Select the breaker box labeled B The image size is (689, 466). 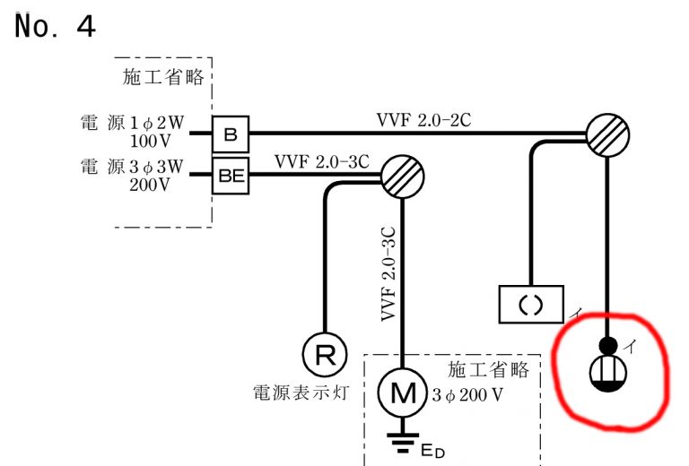coord(231,134)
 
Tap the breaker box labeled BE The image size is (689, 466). coord(231,176)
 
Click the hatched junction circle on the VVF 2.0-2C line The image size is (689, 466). coord(608,134)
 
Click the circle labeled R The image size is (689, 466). coord(324,354)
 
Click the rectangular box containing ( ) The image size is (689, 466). coord(531,304)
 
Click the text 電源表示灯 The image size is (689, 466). coord(299,393)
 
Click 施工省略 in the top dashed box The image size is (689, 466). coord(163,76)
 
